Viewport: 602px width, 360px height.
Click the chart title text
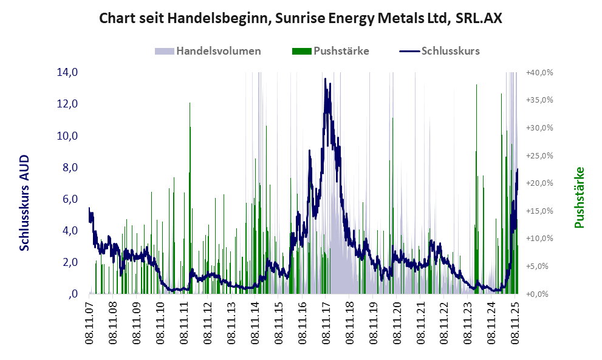(301, 18)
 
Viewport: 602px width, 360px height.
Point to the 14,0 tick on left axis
(67, 72)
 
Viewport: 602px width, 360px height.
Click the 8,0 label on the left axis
(67, 168)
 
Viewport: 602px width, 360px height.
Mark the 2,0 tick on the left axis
(67, 262)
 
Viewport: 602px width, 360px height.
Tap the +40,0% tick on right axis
(539, 72)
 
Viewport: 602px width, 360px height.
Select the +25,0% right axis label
(539, 155)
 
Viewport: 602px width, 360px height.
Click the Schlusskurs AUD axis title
(25, 202)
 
